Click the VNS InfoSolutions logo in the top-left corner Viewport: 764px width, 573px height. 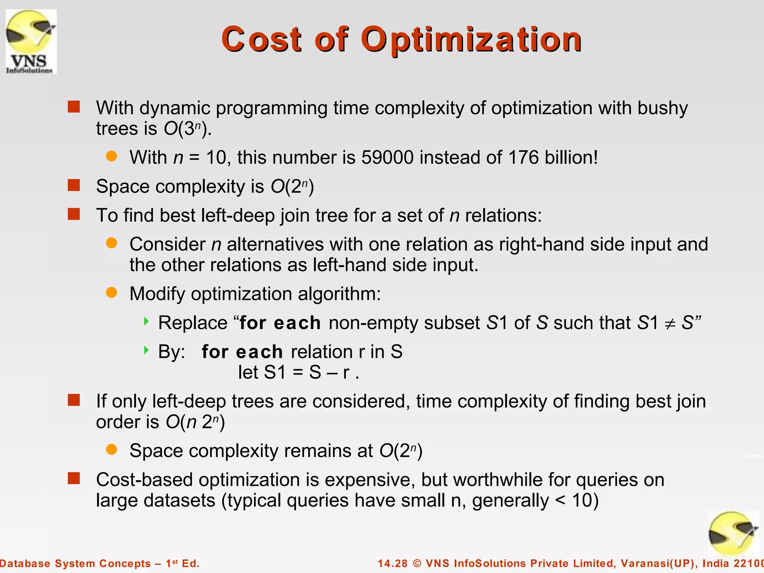click(x=31, y=41)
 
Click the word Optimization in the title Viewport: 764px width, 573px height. click(x=471, y=40)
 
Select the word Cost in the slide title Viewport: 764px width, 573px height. click(x=261, y=40)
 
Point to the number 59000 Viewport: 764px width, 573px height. click(x=387, y=157)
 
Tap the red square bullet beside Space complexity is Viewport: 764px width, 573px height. click(x=74, y=185)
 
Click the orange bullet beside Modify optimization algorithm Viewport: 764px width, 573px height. click(x=112, y=292)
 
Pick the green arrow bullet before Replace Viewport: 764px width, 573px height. click(x=146, y=321)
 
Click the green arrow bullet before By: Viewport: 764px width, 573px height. click(x=146, y=350)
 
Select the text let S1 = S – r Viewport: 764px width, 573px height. click(x=298, y=372)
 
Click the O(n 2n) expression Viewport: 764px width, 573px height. click(x=195, y=422)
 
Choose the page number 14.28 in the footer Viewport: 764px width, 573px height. click(x=392, y=563)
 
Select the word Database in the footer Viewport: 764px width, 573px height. click(x=24, y=563)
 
